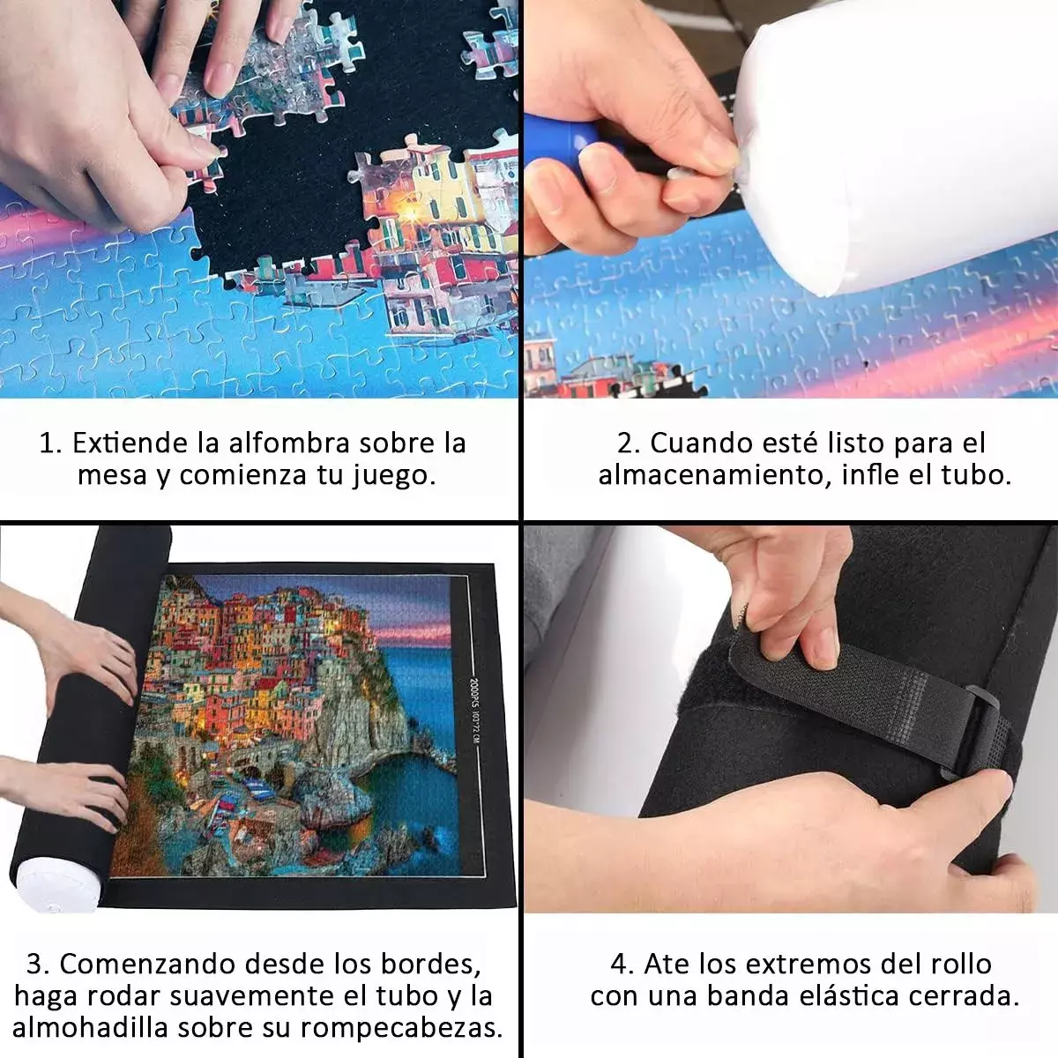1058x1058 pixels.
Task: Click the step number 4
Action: coord(621,964)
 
